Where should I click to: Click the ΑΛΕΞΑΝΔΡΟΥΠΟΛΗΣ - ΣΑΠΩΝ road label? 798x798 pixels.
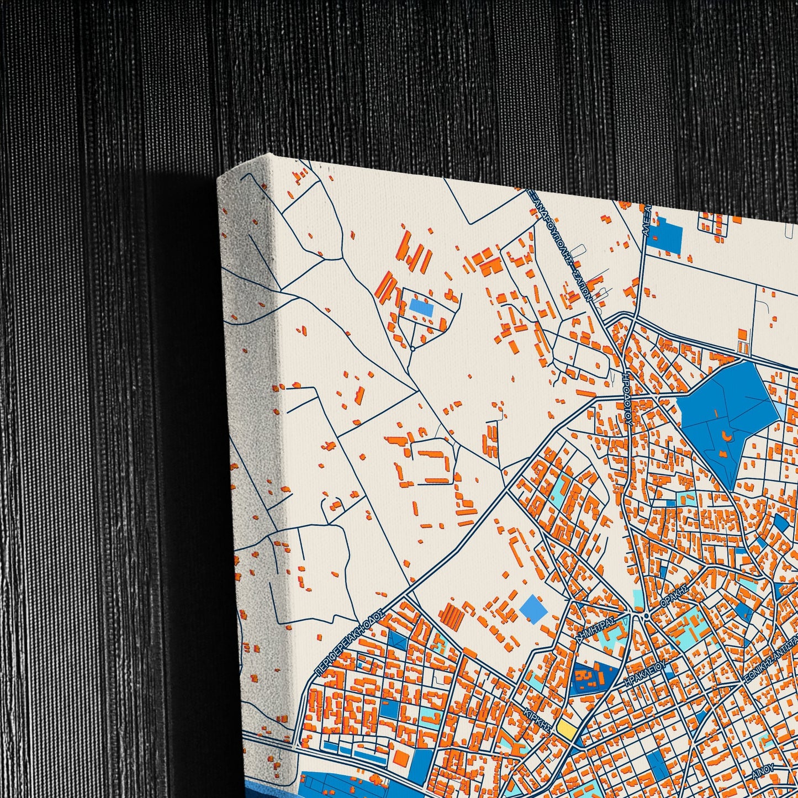tap(566, 243)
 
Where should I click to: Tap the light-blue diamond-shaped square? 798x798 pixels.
tap(533, 610)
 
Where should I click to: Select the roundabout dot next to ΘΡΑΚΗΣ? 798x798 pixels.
tap(646, 616)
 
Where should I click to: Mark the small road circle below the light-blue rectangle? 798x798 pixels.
tap(412, 348)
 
